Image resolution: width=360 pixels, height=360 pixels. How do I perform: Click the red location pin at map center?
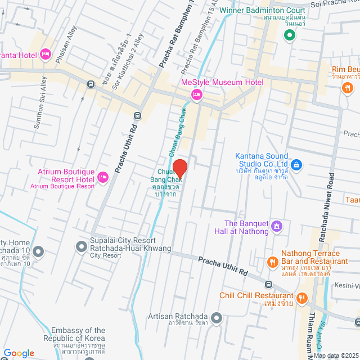point(179,168)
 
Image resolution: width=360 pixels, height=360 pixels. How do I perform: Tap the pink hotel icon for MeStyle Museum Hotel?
point(196,94)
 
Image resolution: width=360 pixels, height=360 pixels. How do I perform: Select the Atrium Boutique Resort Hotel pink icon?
point(103,177)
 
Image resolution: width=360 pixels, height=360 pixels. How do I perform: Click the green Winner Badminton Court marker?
point(290,36)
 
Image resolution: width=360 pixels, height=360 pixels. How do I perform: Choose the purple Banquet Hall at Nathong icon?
point(276,226)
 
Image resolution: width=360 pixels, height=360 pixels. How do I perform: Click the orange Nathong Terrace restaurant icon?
point(272,262)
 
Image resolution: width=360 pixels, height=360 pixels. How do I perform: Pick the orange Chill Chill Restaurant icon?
point(302,298)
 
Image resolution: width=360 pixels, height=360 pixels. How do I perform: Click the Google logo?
point(19,353)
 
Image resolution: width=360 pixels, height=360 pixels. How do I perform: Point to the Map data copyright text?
point(335,355)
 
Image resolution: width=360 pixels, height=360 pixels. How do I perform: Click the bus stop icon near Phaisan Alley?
point(90,84)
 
